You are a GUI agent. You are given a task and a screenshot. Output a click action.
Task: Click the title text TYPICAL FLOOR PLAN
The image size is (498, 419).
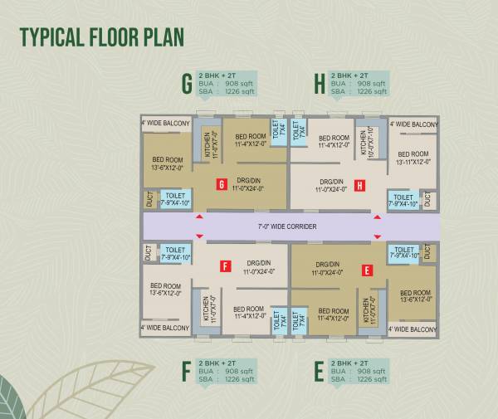(100, 38)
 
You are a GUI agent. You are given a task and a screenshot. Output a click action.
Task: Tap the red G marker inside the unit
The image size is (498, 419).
(221, 184)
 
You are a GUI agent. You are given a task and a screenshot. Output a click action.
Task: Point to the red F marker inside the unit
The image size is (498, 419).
(224, 266)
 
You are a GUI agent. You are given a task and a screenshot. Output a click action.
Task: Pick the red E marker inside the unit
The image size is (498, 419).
(366, 270)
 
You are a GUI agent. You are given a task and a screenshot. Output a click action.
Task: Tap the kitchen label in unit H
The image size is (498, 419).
(365, 142)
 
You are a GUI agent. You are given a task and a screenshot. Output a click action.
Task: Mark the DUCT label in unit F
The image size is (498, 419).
(148, 255)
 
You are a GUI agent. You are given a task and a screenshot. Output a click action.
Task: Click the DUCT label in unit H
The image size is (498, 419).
(427, 199)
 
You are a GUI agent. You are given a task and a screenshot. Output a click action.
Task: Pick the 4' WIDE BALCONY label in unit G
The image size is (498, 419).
(166, 124)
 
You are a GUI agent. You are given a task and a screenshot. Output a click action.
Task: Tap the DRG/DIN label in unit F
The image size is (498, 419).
(258, 267)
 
